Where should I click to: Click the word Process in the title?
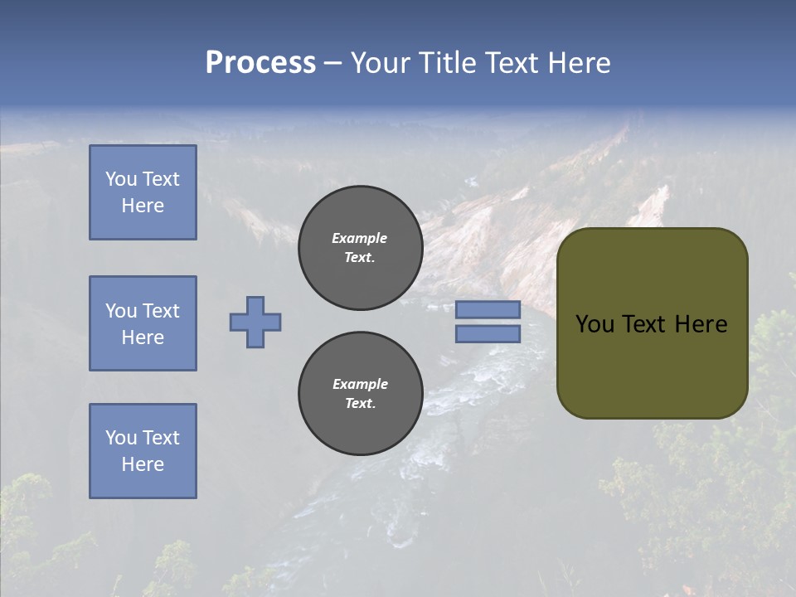tap(260, 63)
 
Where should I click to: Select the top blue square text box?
tap(143, 192)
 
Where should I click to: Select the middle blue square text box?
tap(143, 323)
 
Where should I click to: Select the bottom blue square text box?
tap(143, 451)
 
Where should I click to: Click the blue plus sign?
tap(255, 322)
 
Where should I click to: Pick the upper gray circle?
tap(360, 248)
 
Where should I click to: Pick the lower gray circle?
tap(360, 394)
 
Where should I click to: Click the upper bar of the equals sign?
tap(488, 310)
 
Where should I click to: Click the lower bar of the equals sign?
tap(488, 334)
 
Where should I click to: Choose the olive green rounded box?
tap(652, 323)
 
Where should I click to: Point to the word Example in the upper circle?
tap(360, 238)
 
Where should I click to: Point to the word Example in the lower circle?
tap(360, 384)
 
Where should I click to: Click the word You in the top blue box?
tap(121, 179)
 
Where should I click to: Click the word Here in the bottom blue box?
tap(143, 464)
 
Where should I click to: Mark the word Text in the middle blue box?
tap(160, 311)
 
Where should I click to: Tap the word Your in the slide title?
tap(380, 63)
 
